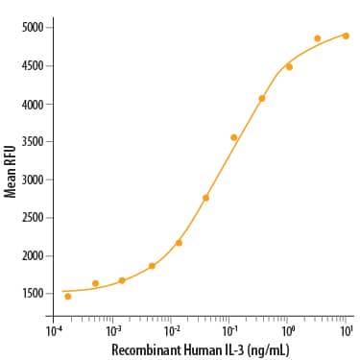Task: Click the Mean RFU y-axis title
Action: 10,169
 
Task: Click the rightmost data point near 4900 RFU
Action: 346,36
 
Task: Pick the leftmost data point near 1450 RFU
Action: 67,297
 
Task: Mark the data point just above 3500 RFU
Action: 233,137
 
